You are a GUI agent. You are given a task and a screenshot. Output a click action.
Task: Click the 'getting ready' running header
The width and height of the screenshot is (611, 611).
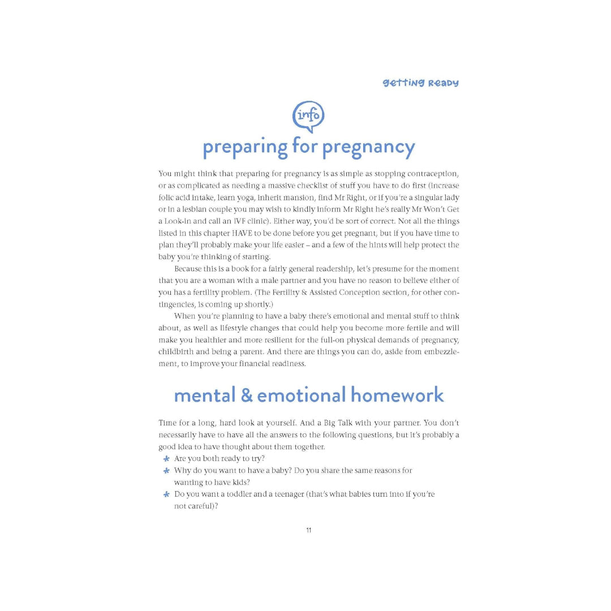pos(420,83)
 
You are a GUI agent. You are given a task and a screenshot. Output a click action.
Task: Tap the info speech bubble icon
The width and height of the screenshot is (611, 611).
pos(308,117)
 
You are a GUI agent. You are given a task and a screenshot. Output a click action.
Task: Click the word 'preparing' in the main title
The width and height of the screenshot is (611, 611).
pos(245,148)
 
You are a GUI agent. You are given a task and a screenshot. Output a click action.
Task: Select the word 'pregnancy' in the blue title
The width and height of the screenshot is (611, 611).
pos(369,148)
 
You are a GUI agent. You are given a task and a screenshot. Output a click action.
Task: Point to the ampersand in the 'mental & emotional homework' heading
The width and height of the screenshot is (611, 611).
pos(247,395)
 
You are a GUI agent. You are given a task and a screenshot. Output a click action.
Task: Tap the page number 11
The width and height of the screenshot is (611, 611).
pos(308,530)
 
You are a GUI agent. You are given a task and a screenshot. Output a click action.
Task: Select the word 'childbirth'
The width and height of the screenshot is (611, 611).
pos(178,351)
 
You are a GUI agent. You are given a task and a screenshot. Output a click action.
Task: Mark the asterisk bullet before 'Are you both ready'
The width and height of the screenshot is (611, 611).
pos(166,459)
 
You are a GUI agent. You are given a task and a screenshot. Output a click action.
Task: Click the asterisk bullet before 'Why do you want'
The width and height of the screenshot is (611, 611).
pos(166,471)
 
